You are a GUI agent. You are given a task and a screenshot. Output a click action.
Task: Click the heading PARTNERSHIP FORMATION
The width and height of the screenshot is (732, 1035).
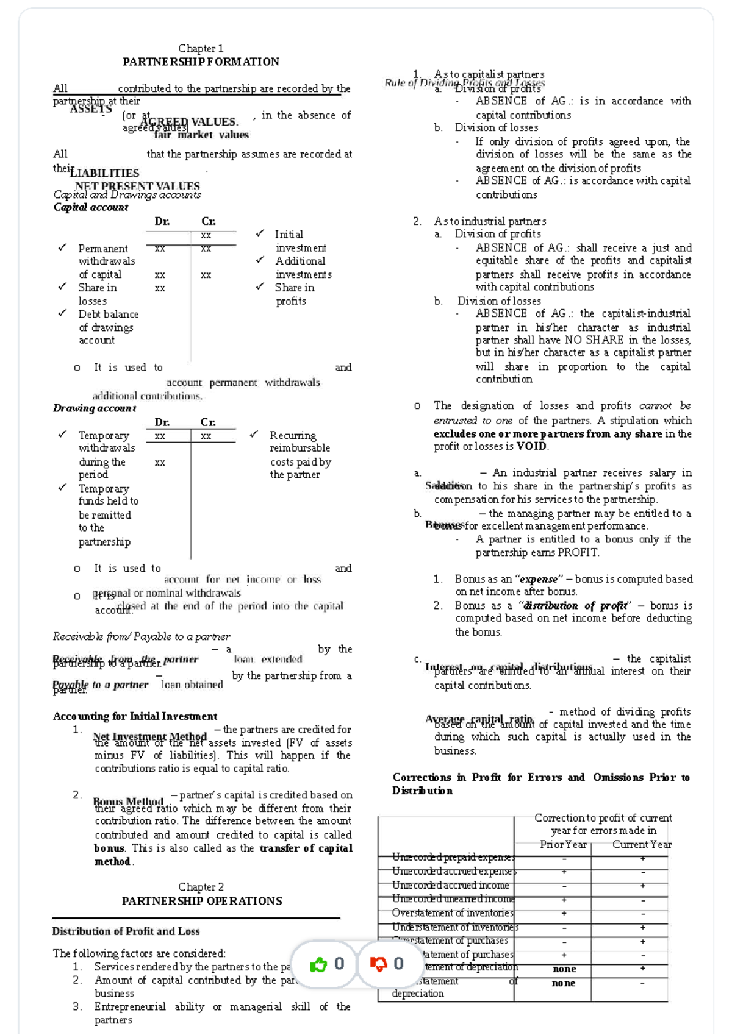point(201,62)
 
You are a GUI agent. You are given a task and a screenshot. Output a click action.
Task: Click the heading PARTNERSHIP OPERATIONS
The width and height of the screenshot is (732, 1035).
point(202,901)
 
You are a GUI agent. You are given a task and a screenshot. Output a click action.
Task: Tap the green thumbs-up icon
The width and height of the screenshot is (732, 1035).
point(318,964)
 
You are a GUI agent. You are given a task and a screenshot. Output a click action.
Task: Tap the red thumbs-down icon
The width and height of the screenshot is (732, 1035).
point(379,964)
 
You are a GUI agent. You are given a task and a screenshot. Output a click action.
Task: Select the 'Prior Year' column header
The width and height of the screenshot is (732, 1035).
point(563,845)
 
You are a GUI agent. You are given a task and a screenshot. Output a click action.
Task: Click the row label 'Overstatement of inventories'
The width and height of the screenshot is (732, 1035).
point(452,913)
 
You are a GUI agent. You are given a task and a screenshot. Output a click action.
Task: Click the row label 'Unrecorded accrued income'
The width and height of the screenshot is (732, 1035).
point(450,886)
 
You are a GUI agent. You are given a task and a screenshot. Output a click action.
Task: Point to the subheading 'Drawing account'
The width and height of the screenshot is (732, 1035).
point(95,408)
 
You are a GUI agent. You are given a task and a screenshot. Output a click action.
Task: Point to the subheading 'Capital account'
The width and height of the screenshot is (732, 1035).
point(91,207)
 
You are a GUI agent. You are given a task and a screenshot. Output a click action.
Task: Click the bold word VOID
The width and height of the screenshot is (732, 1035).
point(532,446)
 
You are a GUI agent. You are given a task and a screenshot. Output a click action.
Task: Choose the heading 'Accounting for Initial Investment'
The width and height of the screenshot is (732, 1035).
point(135,716)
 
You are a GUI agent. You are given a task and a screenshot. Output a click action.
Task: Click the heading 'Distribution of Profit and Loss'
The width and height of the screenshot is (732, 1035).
point(126,931)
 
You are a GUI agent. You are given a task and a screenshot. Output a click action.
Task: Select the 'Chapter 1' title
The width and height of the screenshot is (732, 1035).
point(201,48)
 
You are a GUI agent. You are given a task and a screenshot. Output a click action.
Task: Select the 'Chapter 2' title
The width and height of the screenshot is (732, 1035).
point(201,887)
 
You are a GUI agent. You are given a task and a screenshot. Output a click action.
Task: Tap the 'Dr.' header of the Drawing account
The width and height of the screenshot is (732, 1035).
point(162,422)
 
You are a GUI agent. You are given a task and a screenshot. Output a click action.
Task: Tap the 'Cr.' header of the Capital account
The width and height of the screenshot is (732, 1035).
point(209,221)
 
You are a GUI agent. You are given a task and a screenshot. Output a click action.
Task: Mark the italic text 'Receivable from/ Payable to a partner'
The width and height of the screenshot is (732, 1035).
point(142,636)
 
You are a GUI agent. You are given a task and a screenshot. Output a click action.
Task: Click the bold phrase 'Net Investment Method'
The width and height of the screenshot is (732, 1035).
point(150,736)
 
